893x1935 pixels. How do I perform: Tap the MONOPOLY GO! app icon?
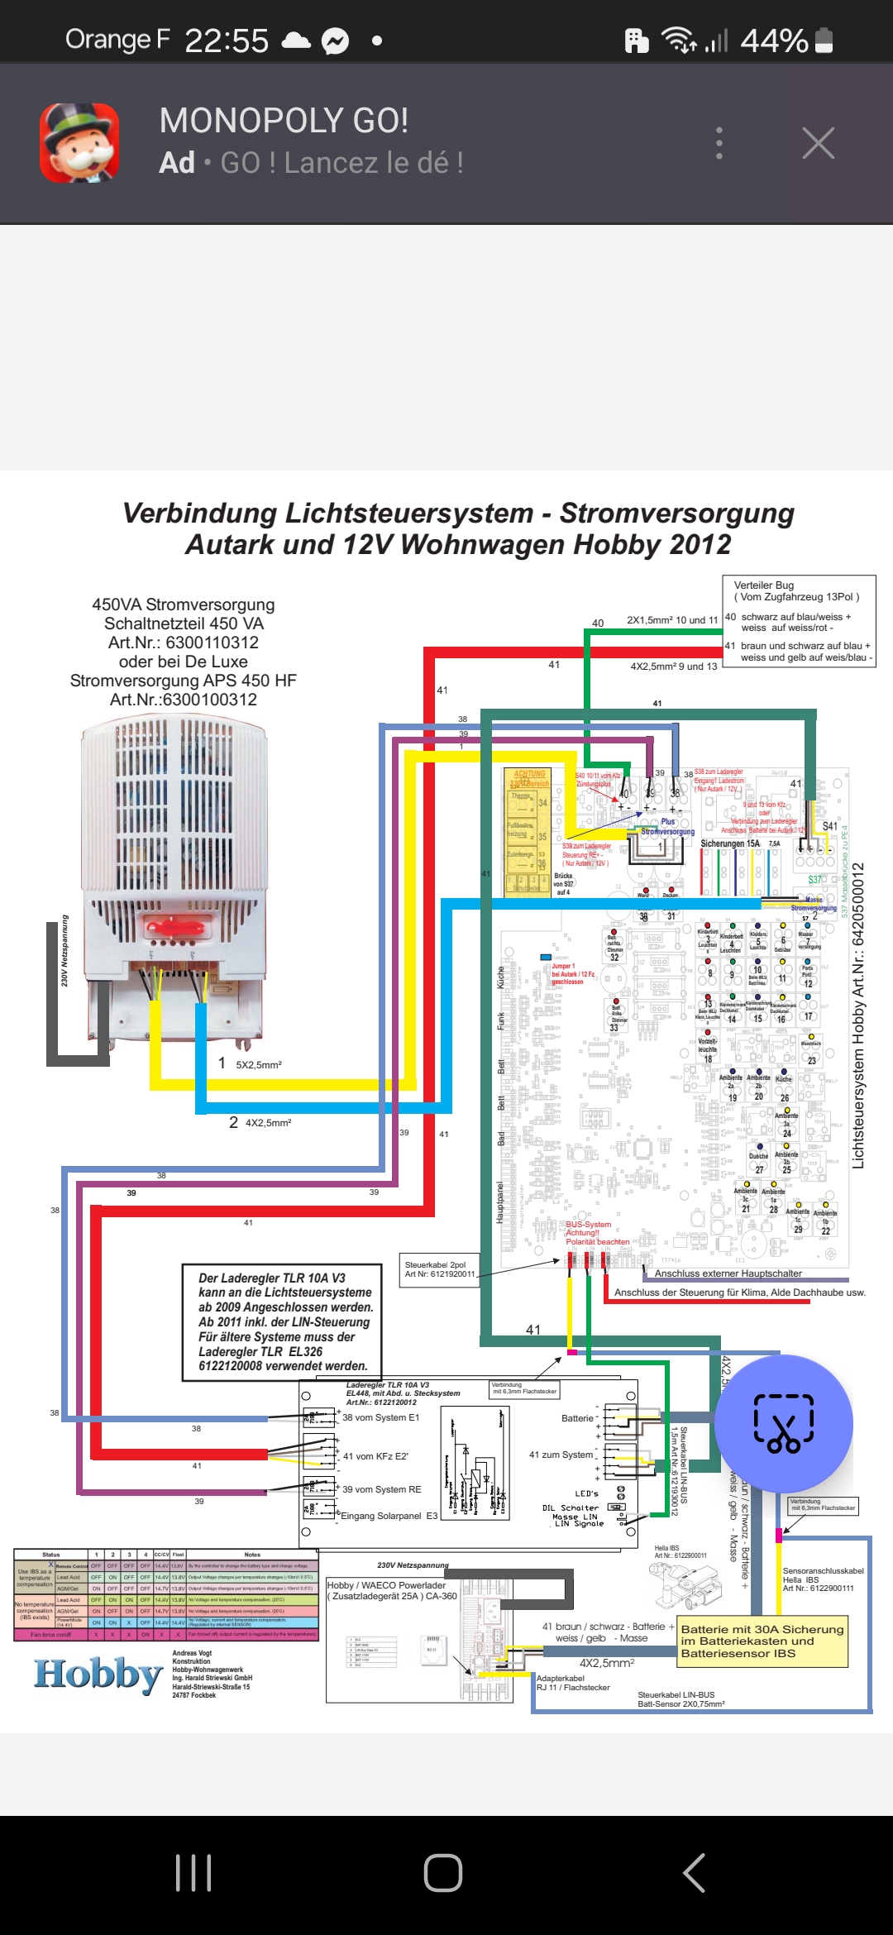(80, 142)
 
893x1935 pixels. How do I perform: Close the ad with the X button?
(818, 143)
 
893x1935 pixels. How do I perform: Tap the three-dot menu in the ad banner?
(719, 143)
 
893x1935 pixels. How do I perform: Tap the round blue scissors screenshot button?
(783, 1423)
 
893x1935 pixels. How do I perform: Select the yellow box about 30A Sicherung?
(763, 1641)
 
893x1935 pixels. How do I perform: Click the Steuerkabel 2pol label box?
(439, 1269)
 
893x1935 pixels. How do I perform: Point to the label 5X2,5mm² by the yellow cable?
(259, 1065)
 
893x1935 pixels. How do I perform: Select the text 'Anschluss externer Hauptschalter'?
(728, 1273)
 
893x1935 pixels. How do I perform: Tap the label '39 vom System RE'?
(381, 1489)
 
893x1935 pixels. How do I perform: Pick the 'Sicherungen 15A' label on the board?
(729, 843)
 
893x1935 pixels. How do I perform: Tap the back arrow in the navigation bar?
(694, 1873)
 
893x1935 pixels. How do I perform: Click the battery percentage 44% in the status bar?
(774, 41)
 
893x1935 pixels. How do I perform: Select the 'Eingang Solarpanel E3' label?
(389, 1516)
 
